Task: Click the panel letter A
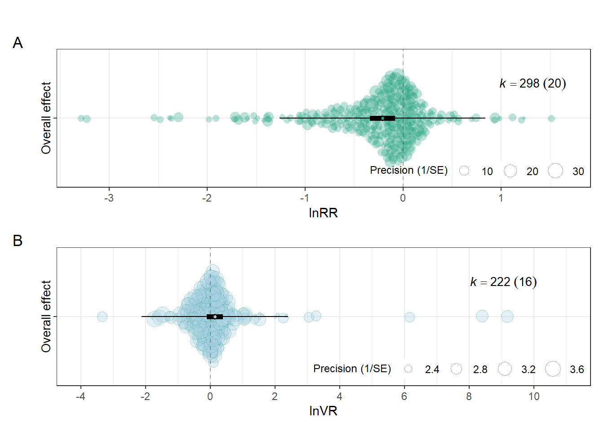click(x=18, y=43)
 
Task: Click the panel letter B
click(x=18, y=241)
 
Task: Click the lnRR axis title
click(x=323, y=213)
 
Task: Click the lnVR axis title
click(x=323, y=411)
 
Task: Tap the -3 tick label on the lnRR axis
click(x=109, y=198)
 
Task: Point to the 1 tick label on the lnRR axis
click(x=501, y=198)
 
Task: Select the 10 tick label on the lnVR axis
click(x=534, y=396)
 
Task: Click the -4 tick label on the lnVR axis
click(x=80, y=396)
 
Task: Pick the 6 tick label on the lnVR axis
click(x=404, y=396)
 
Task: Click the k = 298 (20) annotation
click(x=533, y=84)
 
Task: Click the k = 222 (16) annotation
click(x=503, y=282)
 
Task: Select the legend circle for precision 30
click(x=555, y=171)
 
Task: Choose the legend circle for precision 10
click(x=464, y=171)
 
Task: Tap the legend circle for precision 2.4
click(x=408, y=369)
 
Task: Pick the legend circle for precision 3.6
click(x=553, y=369)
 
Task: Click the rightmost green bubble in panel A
click(x=551, y=118)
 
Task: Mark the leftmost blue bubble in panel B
click(x=102, y=317)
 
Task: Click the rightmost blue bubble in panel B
click(x=507, y=317)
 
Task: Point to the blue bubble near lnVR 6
click(x=409, y=317)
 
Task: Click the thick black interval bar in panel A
click(x=382, y=118)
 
